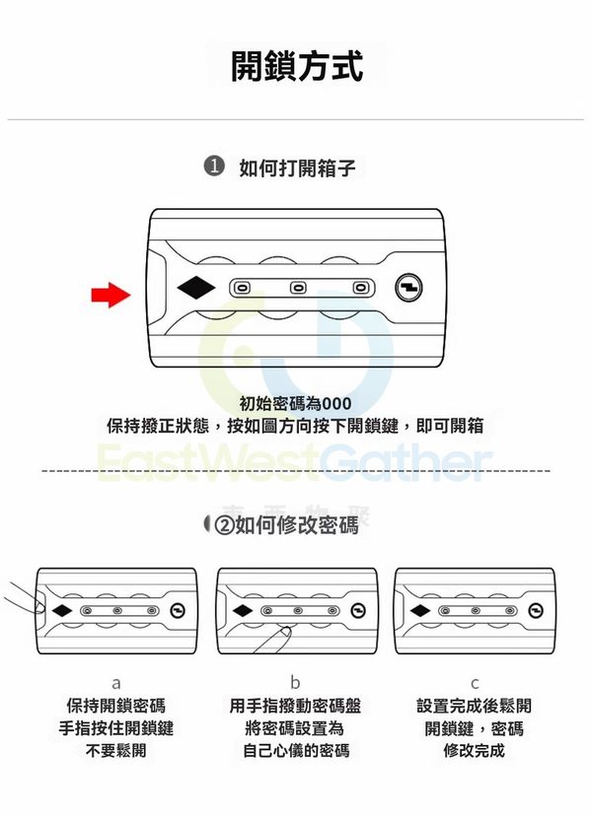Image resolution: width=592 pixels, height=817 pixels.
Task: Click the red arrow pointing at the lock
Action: (111, 295)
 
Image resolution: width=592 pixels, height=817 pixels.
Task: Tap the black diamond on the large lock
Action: (196, 288)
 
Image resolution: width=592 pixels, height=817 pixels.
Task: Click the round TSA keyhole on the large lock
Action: (408, 288)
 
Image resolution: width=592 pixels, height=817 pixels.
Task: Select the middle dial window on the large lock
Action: (298, 288)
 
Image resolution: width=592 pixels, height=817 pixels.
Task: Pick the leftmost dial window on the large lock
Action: (241, 288)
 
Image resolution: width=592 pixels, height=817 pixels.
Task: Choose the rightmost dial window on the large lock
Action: (360, 288)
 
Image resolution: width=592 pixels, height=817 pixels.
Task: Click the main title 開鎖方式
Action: (297, 66)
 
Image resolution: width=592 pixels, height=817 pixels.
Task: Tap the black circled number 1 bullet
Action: (213, 168)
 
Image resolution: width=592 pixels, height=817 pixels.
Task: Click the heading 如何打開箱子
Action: (297, 168)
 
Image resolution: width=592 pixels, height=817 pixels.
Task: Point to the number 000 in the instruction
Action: (336, 404)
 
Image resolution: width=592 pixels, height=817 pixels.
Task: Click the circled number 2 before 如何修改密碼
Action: (224, 525)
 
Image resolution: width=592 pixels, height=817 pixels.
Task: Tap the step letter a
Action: (116, 683)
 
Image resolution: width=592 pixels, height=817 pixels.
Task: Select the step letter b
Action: (295, 682)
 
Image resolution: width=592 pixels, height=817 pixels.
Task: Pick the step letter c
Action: (475, 683)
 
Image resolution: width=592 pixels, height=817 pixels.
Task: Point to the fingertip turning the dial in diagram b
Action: (284, 632)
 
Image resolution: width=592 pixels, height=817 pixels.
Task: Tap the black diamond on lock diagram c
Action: (420, 611)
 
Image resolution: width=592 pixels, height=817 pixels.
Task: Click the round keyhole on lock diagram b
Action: (358, 611)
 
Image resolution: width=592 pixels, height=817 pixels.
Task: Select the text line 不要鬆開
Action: (115, 751)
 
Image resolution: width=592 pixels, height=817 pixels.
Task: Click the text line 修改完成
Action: (475, 751)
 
